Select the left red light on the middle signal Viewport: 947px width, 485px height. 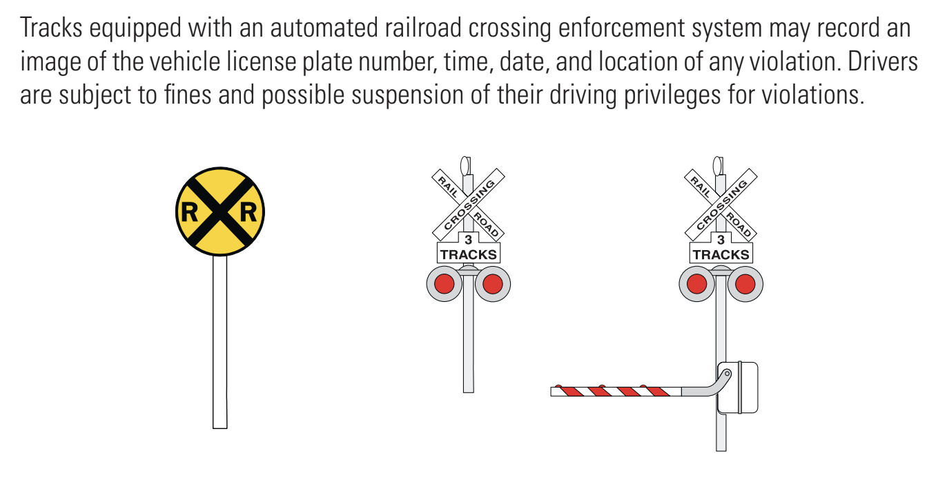coord(445,284)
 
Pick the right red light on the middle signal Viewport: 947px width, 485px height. coord(492,284)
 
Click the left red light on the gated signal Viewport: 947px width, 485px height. coord(697,284)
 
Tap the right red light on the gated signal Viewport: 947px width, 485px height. coord(745,284)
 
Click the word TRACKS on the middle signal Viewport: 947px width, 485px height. coord(468,254)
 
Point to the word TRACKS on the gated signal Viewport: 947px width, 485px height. coord(721,254)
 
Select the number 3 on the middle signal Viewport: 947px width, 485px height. coord(468,240)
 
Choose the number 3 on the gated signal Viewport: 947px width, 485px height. coord(721,240)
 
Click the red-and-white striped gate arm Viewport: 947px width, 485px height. coord(614,392)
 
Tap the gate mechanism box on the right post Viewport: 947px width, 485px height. coord(738,388)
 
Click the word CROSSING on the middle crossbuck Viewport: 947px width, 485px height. coord(470,205)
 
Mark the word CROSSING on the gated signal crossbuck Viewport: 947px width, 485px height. coord(723,205)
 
